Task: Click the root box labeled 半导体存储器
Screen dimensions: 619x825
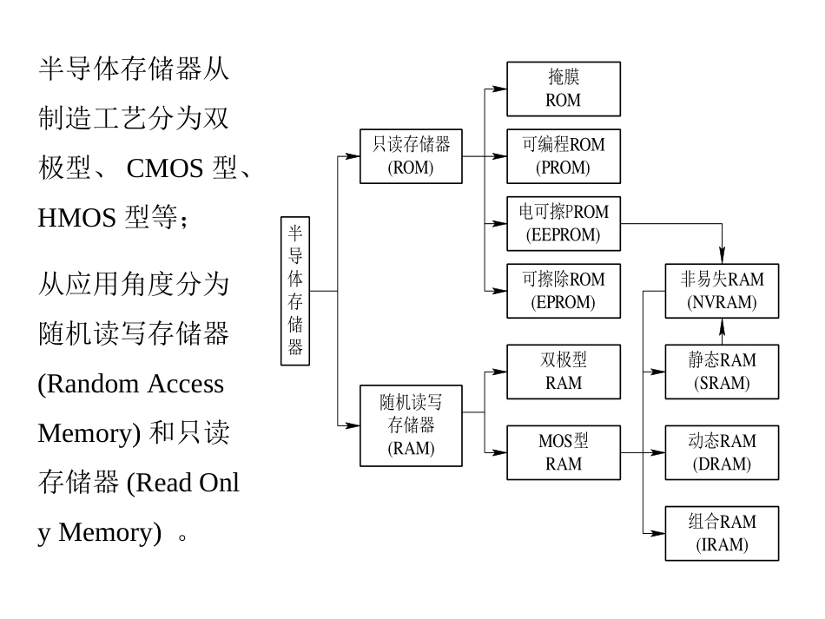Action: click(x=295, y=291)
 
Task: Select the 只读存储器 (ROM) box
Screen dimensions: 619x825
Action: click(x=411, y=156)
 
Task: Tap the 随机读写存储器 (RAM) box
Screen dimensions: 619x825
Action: click(x=411, y=425)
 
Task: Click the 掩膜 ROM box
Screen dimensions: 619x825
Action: click(x=563, y=89)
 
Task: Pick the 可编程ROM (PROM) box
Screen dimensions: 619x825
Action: click(x=563, y=156)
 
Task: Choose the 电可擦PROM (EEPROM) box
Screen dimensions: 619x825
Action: click(x=563, y=223)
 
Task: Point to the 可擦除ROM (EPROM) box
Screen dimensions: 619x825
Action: click(x=563, y=291)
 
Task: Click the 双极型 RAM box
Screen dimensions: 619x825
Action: click(x=563, y=372)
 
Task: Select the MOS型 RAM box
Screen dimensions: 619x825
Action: click(x=563, y=452)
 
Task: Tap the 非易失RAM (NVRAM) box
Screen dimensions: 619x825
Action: click(x=722, y=291)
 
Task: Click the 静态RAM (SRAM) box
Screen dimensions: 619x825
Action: click(x=722, y=372)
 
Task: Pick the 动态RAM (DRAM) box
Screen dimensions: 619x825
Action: click(x=722, y=452)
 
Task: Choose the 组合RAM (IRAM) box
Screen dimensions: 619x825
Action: click(x=722, y=533)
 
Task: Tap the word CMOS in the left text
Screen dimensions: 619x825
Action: click(x=165, y=168)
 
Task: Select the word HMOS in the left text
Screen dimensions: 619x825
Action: click(x=76, y=218)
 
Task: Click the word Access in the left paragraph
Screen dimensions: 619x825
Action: click(x=185, y=384)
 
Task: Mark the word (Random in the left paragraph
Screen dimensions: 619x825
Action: click(x=89, y=384)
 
